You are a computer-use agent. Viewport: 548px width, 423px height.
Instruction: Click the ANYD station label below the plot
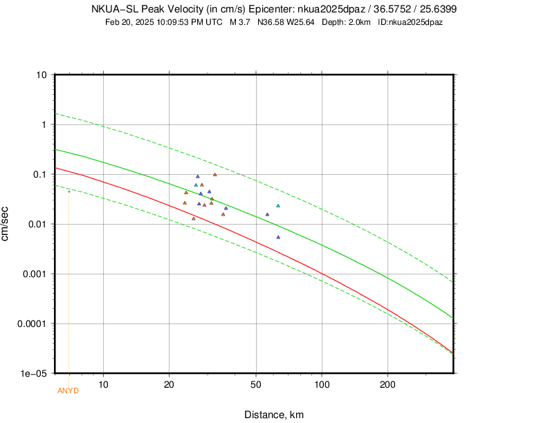tap(68, 391)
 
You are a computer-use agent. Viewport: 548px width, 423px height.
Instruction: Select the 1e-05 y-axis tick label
tap(33, 373)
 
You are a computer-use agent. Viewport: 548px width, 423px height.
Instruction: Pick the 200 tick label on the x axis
tap(387, 384)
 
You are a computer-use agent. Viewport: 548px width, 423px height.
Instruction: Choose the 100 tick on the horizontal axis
tap(322, 384)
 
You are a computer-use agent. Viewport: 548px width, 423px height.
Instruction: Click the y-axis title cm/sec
tap(6, 223)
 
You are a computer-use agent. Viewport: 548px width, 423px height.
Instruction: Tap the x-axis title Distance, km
tap(274, 415)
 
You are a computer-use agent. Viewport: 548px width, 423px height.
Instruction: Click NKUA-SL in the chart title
tap(114, 9)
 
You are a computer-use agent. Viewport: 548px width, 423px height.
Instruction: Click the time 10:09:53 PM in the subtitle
tap(176, 22)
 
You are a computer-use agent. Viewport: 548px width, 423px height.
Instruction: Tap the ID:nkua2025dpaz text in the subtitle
tap(410, 22)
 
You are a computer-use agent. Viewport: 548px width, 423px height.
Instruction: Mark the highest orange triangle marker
tap(214, 175)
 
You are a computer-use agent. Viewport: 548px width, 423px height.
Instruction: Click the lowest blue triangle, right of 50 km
tap(278, 237)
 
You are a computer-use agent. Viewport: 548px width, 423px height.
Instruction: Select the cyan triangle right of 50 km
tap(278, 206)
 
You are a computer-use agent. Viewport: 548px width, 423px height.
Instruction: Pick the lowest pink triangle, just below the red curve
tap(194, 218)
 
